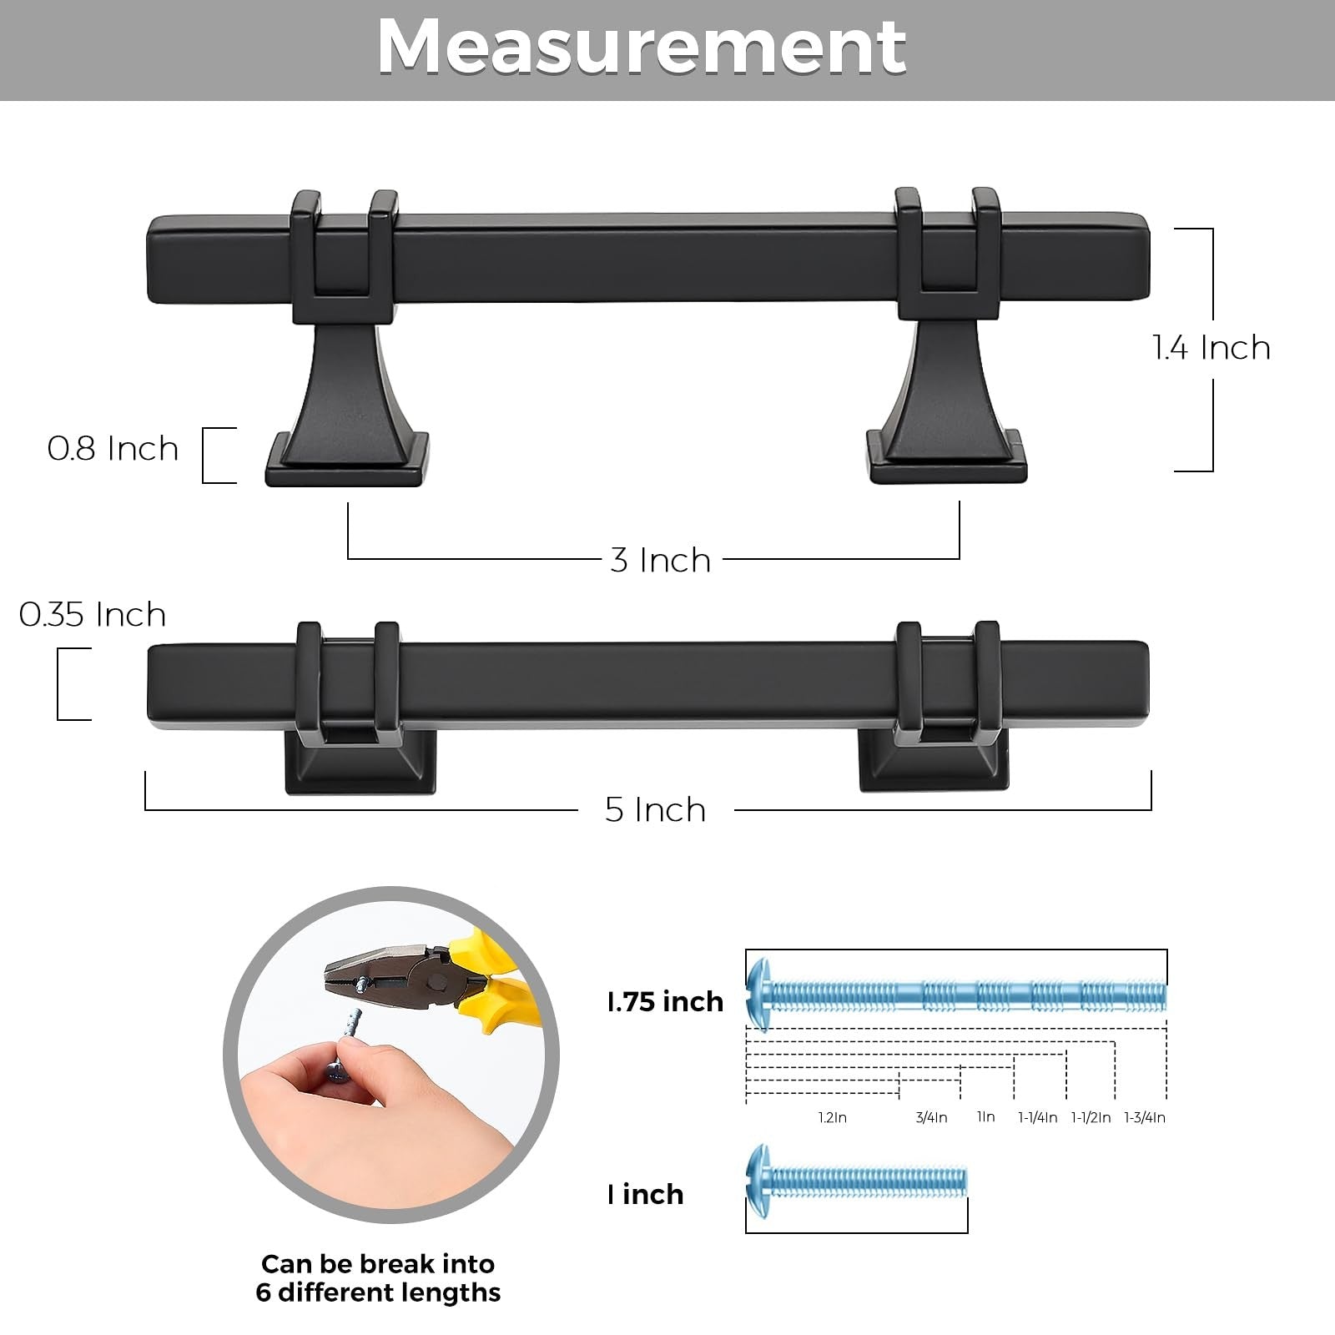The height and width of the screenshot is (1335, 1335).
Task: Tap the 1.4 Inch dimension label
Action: click(1212, 347)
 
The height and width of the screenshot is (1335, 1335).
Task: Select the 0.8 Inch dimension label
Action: click(113, 449)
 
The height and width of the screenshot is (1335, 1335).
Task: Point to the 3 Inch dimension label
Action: click(660, 560)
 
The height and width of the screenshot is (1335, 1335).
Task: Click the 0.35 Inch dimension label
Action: click(93, 615)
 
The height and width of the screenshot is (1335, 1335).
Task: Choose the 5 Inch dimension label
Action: click(655, 809)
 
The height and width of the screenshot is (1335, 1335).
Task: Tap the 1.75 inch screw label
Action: click(665, 1001)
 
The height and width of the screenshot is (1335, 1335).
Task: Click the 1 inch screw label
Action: click(645, 1194)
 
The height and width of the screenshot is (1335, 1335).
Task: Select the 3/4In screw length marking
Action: click(931, 1117)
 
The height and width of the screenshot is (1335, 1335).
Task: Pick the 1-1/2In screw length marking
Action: click(1091, 1117)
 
